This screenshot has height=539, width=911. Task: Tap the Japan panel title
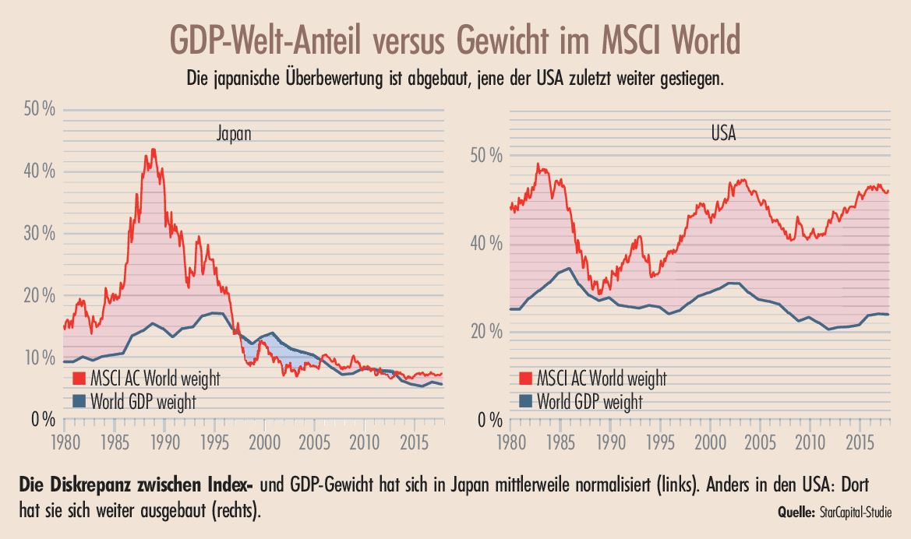coord(235,134)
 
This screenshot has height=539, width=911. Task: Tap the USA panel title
coord(723,133)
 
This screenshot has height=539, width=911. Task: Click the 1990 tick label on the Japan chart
coord(162,441)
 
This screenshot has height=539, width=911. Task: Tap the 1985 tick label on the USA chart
coord(560,441)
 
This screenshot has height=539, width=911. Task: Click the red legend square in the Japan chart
coord(78,379)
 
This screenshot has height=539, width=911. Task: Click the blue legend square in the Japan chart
coord(78,402)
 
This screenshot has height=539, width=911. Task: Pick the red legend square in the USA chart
coord(525,379)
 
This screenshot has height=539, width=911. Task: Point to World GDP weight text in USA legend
coord(589,402)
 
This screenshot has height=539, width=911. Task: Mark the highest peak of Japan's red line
coord(154,149)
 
